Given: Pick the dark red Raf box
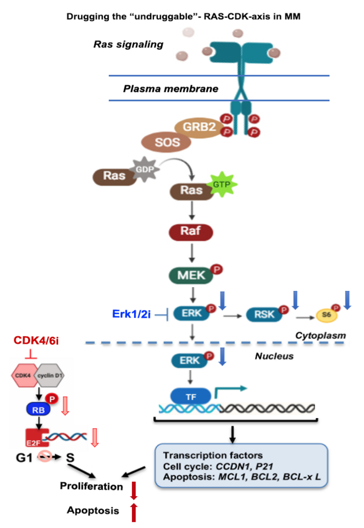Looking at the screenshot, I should pos(190,232).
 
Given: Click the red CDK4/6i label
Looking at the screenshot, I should pos(37,342).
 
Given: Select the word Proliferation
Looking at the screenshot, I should pos(92,486).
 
